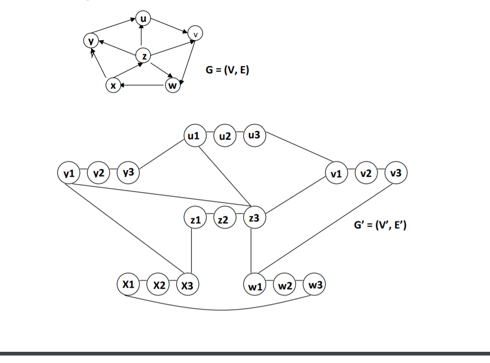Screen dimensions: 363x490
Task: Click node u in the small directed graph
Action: click(143, 19)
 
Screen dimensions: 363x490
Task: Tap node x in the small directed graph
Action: click(113, 86)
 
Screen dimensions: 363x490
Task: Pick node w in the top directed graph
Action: click(172, 86)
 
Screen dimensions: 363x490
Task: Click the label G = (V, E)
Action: click(227, 71)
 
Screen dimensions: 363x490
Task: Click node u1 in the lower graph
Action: click(194, 135)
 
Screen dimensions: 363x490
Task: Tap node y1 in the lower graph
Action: click(68, 173)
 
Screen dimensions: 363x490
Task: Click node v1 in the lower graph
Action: click(336, 173)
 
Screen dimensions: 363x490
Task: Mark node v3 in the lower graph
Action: click(396, 173)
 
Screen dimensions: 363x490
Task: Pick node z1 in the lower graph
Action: click(194, 219)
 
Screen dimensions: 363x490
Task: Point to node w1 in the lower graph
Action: click(254, 286)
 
